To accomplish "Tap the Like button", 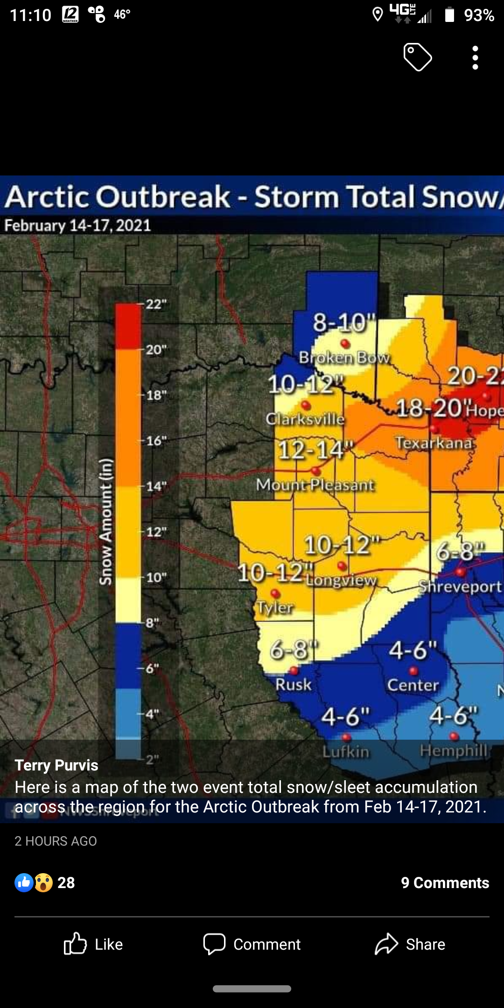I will click(93, 944).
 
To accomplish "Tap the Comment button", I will click(252, 944).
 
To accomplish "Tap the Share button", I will click(410, 944).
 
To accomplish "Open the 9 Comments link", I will click(445, 882).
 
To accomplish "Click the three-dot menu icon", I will click(475, 58).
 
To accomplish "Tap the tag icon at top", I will click(417, 57).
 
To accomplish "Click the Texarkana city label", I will click(434, 442).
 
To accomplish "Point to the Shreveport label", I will click(460, 587).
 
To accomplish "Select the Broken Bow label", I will click(344, 357).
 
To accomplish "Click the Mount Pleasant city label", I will click(315, 485).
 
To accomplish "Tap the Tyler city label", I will click(275, 607).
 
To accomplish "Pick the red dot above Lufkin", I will click(346, 738).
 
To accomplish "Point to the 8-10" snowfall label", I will click(344, 322).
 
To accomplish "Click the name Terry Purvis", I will click(56, 765).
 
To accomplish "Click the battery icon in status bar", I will click(449, 15).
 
